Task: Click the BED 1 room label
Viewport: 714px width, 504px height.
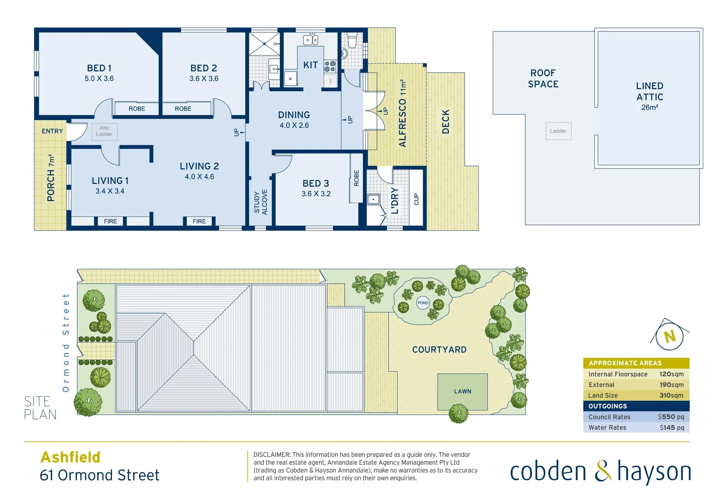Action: pos(99,69)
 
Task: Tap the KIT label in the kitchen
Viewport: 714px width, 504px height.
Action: pos(311,65)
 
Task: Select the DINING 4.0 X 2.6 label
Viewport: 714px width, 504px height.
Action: pos(294,119)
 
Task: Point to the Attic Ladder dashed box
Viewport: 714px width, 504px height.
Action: pos(104,131)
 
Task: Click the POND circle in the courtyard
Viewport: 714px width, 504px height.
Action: pos(423,303)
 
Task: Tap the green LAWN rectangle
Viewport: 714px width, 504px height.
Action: pos(462,392)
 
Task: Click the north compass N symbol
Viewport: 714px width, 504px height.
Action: pos(670,336)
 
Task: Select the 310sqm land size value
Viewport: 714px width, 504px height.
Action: pos(671,395)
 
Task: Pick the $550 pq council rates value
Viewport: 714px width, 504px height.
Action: pos(671,417)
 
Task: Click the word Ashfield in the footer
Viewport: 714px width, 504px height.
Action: pos(71,457)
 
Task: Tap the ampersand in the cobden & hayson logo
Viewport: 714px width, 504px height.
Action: pos(603,471)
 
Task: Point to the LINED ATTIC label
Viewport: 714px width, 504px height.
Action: pos(650,91)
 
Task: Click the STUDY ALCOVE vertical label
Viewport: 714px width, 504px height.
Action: pos(261,202)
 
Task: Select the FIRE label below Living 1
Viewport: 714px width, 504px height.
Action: pos(111,221)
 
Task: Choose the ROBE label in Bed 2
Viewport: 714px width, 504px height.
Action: pos(183,109)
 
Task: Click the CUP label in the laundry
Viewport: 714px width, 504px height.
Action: pos(416,199)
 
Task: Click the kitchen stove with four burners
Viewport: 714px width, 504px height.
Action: pos(330,66)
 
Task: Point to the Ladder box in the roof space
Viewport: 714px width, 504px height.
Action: pos(558,131)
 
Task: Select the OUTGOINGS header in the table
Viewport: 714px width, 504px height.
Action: pos(608,406)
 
